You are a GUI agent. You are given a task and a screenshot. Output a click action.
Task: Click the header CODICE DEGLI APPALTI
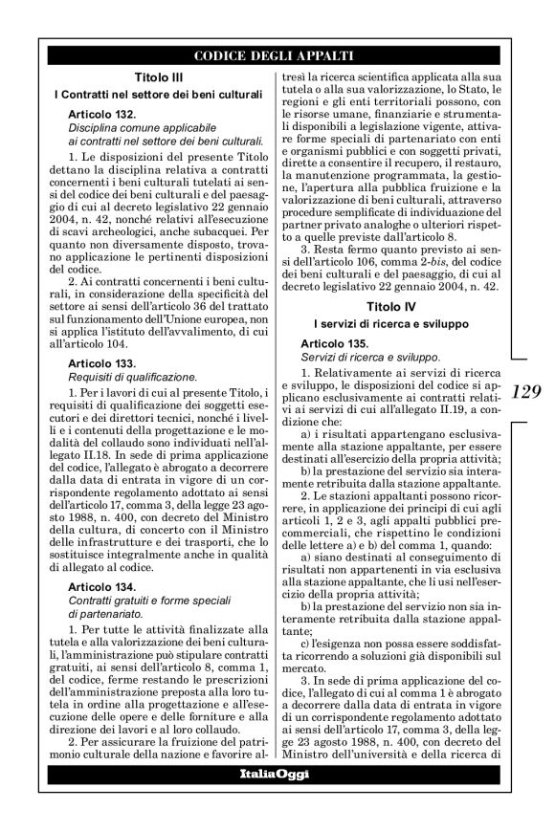[x=274, y=55]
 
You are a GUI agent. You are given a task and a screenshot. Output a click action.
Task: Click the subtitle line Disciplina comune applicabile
[x=137, y=128]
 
